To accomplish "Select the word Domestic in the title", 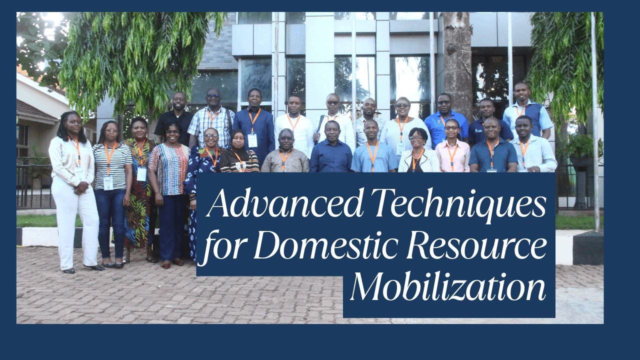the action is click(x=325, y=245).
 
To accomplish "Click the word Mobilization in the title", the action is click(x=448, y=287).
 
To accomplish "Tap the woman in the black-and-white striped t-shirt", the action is click(x=112, y=193).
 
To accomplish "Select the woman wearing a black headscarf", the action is click(x=239, y=152).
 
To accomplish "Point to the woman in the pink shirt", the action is click(x=452, y=147).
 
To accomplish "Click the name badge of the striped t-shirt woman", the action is click(x=108, y=183).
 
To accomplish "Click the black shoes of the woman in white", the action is click(x=83, y=269).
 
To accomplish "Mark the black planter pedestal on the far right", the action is click(x=588, y=247).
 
